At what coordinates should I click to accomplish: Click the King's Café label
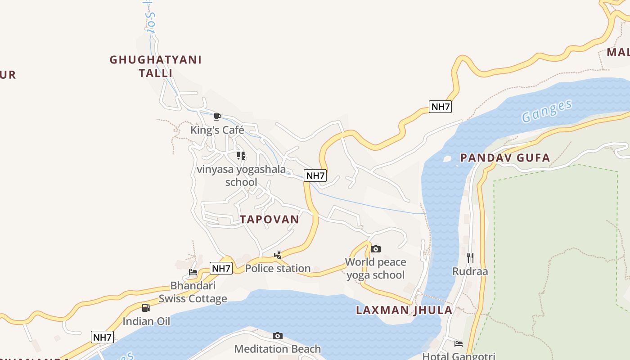(x=217, y=130)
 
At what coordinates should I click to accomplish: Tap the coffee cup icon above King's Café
(x=217, y=117)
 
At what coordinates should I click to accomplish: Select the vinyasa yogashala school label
(x=241, y=175)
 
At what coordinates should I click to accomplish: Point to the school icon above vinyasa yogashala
(x=241, y=156)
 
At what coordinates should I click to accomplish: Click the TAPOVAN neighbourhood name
(x=269, y=219)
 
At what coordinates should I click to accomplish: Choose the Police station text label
(x=278, y=268)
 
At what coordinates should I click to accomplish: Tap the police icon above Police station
(x=278, y=255)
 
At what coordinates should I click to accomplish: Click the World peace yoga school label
(x=375, y=268)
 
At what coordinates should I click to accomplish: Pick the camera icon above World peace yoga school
(x=375, y=249)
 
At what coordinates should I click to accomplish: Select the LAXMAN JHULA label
(x=404, y=310)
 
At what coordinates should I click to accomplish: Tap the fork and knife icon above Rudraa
(x=470, y=258)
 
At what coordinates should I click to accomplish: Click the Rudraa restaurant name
(x=470, y=271)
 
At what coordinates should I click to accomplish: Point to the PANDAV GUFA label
(x=505, y=157)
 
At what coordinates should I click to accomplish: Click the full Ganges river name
(x=547, y=111)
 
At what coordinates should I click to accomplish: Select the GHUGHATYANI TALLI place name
(x=156, y=66)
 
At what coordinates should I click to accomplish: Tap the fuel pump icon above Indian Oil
(x=146, y=308)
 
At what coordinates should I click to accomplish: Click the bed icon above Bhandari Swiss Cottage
(x=193, y=272)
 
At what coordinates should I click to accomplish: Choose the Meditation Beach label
(x=278, y=349)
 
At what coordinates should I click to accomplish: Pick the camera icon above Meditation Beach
(x=278, y=336)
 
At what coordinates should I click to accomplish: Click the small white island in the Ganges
(x=447, y=158)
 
